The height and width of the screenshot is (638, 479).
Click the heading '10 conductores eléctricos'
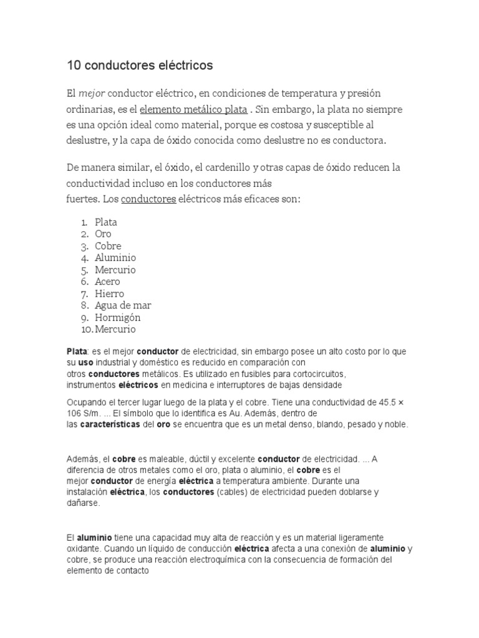[x=140, y=65]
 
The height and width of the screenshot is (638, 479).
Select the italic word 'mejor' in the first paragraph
[x=92, y=93]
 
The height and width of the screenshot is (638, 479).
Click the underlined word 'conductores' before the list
[x=148, y=200]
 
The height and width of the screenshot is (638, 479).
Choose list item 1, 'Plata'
[x=106, y=222]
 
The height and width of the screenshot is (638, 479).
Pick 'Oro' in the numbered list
[x=103, y=234]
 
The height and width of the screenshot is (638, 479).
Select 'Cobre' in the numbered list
[x=108, y=245]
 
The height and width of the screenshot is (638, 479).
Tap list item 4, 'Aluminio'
[x=115, y=257]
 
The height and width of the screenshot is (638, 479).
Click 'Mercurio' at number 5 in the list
[x=115, y=270]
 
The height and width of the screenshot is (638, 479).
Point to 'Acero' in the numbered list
[x=107, y=282]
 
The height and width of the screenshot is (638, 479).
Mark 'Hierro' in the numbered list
[x=110, y=293]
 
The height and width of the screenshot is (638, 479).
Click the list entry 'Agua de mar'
[x=123, y=305]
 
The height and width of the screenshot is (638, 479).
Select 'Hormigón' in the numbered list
[x=118, y=317]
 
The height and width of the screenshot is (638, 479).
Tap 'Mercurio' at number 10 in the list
[x=115, y=329]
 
